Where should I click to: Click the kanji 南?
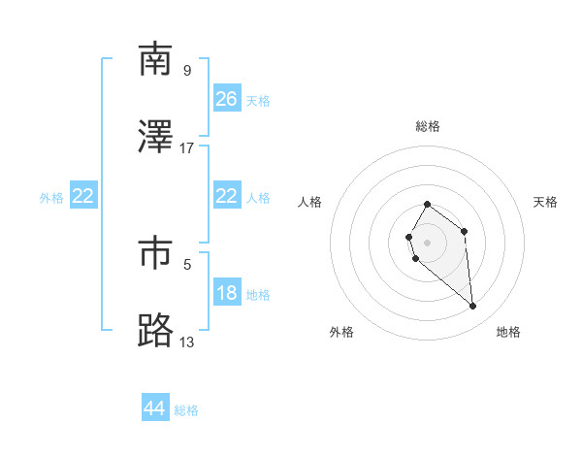tap(155, 60)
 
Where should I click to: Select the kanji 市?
tap(155, 252)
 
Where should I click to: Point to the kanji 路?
tap(155, 330)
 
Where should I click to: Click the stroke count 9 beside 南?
tap(187, 70)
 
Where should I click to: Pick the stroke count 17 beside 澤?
tap(187, 147)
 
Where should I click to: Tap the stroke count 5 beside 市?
tap(187, 263)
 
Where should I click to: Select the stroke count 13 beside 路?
tap(187, 341)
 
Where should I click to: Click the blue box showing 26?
tap(227, 99)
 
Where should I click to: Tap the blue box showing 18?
tap(227, 294)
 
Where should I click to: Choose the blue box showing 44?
tap(155, 408)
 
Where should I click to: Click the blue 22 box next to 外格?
tap(83, 196)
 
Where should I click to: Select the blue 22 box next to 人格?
tap(227, 196)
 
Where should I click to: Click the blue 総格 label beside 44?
tap(186, 410)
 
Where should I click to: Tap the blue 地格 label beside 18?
tap(258, 295)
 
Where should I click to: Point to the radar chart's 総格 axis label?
tap(428, 126)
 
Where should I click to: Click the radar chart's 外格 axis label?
tap(341, 333)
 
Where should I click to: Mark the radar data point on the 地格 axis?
tap(473, 307)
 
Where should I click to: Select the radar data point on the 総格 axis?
tap(428, 205)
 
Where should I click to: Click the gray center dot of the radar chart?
tap(428, 242)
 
